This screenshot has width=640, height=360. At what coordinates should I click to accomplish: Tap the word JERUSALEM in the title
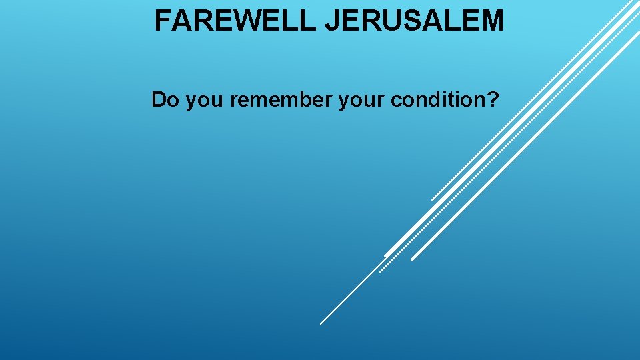tap(414, 21)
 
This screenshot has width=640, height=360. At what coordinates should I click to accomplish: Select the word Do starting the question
tap(165, 100)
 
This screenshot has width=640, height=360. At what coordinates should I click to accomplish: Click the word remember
tap(282, 100)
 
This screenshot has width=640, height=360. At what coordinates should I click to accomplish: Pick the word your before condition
tap(362, 101)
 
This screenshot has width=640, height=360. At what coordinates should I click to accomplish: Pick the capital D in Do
tap(159, 100)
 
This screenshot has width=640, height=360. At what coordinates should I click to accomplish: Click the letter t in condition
tap(455, 100)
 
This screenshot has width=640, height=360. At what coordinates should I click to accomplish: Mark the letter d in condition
tap(441, 100)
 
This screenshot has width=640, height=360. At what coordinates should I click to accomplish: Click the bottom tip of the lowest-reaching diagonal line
tap(321, 323)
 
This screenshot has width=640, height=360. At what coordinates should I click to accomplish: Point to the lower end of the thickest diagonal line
tap(385, 255)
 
